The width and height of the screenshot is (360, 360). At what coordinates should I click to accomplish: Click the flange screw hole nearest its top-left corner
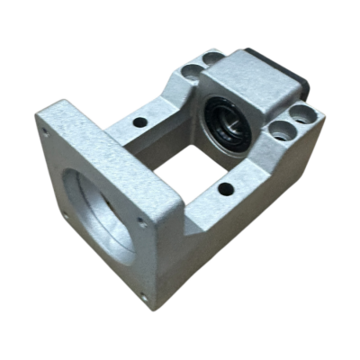tap(46, 131)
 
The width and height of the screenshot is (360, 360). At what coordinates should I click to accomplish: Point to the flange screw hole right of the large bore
tap(139, 219)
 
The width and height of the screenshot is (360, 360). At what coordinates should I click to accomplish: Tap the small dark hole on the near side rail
tap(224, 188)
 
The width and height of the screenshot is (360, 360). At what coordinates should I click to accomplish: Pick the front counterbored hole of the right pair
tap(281, 131)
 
